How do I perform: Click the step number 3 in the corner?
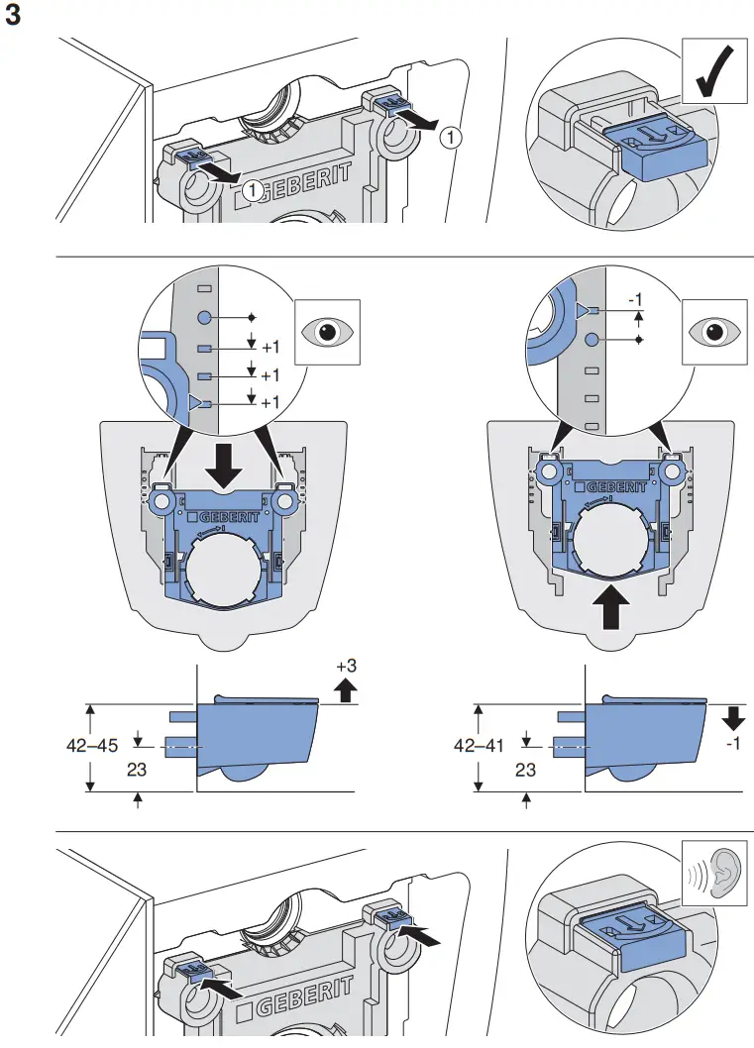[x=14, y=17]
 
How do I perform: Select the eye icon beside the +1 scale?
[x=326, y=330]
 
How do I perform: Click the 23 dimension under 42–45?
[x=138, y=769]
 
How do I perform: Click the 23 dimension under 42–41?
[x=525, y=769]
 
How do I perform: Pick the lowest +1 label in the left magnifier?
[x=269, y=403]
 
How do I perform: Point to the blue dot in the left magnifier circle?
[x=203, y=317]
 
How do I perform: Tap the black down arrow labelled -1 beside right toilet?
[x=732, y=715]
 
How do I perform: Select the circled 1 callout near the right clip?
[x=450, y=138]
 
